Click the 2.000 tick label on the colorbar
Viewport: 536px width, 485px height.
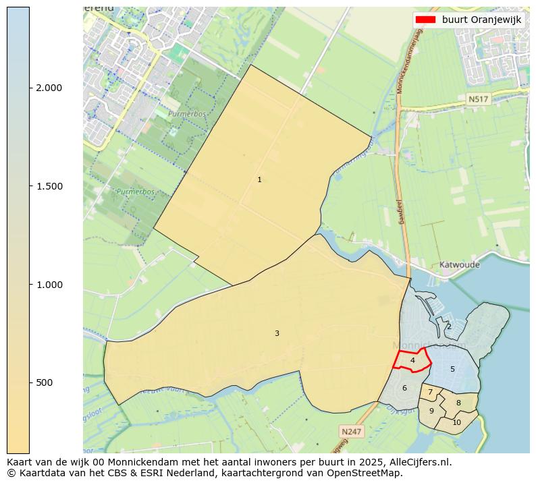pos(49,88)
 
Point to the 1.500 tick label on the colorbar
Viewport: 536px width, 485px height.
pos(49,186)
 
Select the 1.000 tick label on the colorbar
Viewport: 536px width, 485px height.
pos(49,285)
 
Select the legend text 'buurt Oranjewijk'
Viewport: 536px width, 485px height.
pos(481,20)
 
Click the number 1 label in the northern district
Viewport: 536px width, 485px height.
pos(259,179)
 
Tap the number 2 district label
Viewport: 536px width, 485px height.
pos(449,326)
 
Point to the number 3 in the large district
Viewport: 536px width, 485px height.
pos(277,333)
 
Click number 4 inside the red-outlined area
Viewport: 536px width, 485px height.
pos(412,361)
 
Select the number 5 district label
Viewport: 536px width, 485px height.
pos(452,369)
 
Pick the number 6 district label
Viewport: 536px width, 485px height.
pos(404,388)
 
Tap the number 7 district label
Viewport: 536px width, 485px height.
pos(430,392)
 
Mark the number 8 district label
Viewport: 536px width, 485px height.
pos(458,403)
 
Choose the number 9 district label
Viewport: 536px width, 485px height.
pos(431,411)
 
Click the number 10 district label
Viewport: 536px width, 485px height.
pos(456,422)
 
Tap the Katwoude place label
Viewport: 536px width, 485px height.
pos(459,264)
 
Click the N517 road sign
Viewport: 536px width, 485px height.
pos(478,99)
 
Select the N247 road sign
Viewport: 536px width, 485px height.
pos(351,431)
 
